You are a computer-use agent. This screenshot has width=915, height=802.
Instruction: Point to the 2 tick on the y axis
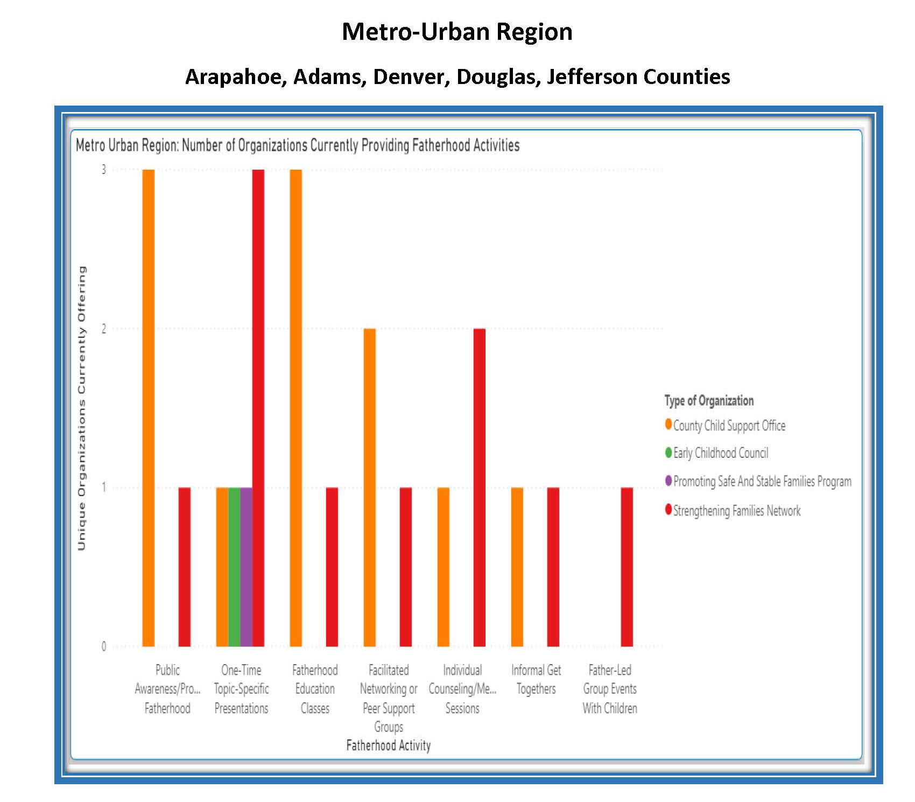tap(104, 329)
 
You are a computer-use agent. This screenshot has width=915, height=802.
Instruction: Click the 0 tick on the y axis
tap(104, 646)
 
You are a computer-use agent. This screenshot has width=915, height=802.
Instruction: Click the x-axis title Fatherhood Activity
tap(388, 745)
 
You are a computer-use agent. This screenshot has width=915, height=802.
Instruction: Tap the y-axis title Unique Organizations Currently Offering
tap(82, 408)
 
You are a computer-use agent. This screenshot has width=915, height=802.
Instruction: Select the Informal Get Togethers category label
tap(536, 679)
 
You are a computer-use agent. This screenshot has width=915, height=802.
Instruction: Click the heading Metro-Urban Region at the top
tap(457, 31)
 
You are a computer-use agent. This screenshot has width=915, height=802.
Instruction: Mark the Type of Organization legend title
tap(709, 401)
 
